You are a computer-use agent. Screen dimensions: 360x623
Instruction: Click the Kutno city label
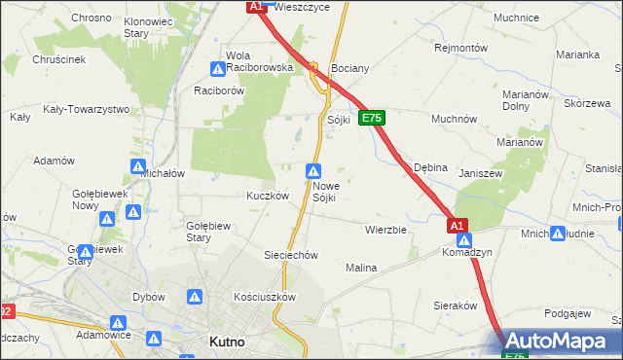(x=227, y=342)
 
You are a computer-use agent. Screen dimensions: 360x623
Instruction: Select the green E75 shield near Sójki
(x=372, y=118)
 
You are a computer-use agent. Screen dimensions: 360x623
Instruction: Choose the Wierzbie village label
(x=385, y=231)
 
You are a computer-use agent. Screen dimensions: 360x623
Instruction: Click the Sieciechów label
(x=291, y=255)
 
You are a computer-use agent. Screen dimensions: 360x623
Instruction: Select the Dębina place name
(x=430, y=167)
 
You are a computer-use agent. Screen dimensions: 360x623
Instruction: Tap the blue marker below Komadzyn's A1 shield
(x=464, y=240)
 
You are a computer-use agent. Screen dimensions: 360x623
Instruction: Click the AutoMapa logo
(x=560, y=341)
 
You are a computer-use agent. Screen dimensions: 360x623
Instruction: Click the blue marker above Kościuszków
(x=195, y=296)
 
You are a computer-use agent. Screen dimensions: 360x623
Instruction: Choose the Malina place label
(x=360, y=267)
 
